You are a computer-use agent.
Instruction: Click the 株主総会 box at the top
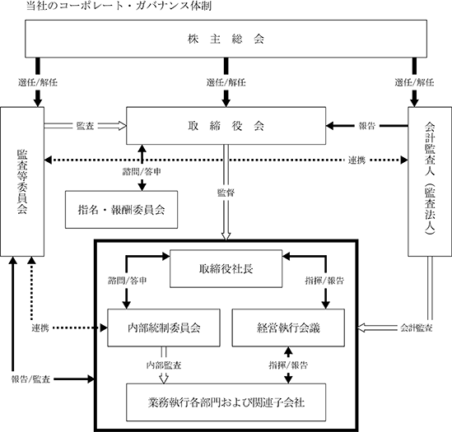[226, 39]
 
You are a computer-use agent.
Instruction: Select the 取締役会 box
[226, 126]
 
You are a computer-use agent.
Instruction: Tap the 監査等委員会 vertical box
[22, 182]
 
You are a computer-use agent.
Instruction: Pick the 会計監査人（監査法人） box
[430, 182]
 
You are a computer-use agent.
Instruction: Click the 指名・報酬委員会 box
[121, 210]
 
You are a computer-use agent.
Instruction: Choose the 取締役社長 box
[226, 268]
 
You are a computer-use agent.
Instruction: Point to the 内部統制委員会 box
[164, 327]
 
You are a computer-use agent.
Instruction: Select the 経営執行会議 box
[288, 327]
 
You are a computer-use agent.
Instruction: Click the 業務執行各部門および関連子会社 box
[226, 402]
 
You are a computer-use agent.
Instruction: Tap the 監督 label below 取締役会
[226, 193]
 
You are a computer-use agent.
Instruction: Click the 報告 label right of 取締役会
[367, 126]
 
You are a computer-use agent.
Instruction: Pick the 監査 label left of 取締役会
[85, 126]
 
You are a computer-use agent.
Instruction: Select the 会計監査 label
[417, 327]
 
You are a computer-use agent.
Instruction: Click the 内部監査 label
[164, 365]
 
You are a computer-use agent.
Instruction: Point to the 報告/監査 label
[30, 379]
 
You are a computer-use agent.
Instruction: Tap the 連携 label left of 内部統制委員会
[40, 327]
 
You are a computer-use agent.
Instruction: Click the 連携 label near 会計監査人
[356, 160]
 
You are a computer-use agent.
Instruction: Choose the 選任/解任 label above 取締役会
[226, 82]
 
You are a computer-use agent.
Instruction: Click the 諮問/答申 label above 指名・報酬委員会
[142, 172]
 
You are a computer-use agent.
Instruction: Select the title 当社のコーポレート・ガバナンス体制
[119, 6]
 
